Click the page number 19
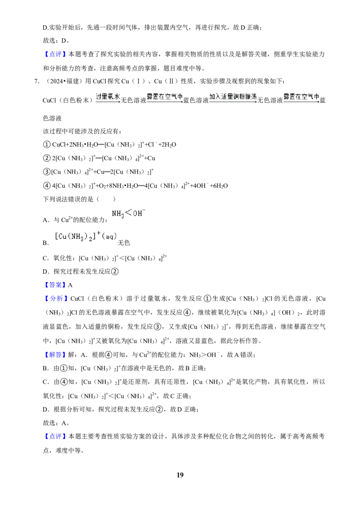[x=180, y=475]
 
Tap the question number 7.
[x=37, y=81]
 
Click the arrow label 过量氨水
[x=108, y=96]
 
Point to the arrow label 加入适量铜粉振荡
[x=233, y=96]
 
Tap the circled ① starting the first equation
[x=47, y=144]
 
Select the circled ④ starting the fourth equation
[x=47, y=186]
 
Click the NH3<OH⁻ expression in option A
[x=129, y=213]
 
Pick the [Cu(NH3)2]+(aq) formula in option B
[x=86, y=237]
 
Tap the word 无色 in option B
[x=124, y=243]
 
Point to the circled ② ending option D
[x=115, y=272]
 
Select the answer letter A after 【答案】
[x=70, y=285]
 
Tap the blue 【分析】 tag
[x=55, y=299]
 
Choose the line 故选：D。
[x=56, y=40]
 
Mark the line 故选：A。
[x=56, y=423]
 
